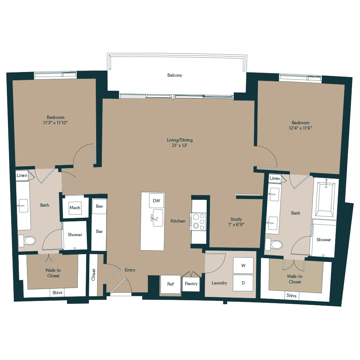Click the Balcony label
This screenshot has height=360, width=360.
click(x=175, y=75)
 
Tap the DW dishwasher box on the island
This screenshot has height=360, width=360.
click(x=156, y=201)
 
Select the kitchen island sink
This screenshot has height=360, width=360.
click(x=157, y=218)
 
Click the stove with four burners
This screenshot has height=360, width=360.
click(x=199, y=221)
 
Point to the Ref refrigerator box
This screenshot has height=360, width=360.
click(x=170, y=284)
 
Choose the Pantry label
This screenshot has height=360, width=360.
click(x=191, y=284)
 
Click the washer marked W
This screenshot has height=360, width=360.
click(x=243, y=266)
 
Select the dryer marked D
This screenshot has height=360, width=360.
click(x=243, y=283)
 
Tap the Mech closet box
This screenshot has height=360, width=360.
click(x=75, y=208)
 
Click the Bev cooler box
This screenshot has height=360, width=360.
click(x=99, y=207)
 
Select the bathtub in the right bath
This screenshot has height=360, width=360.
click(x=325, y=200)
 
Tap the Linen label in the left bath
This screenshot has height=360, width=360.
click(x=22, y=175)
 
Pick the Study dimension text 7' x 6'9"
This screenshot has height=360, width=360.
click(x=236, y=225)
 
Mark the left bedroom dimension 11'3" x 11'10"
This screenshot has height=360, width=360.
click(x=55, y=123)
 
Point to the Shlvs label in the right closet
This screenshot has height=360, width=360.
click(x=291, y=296)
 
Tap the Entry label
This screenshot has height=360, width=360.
click(x=130, y=270)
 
